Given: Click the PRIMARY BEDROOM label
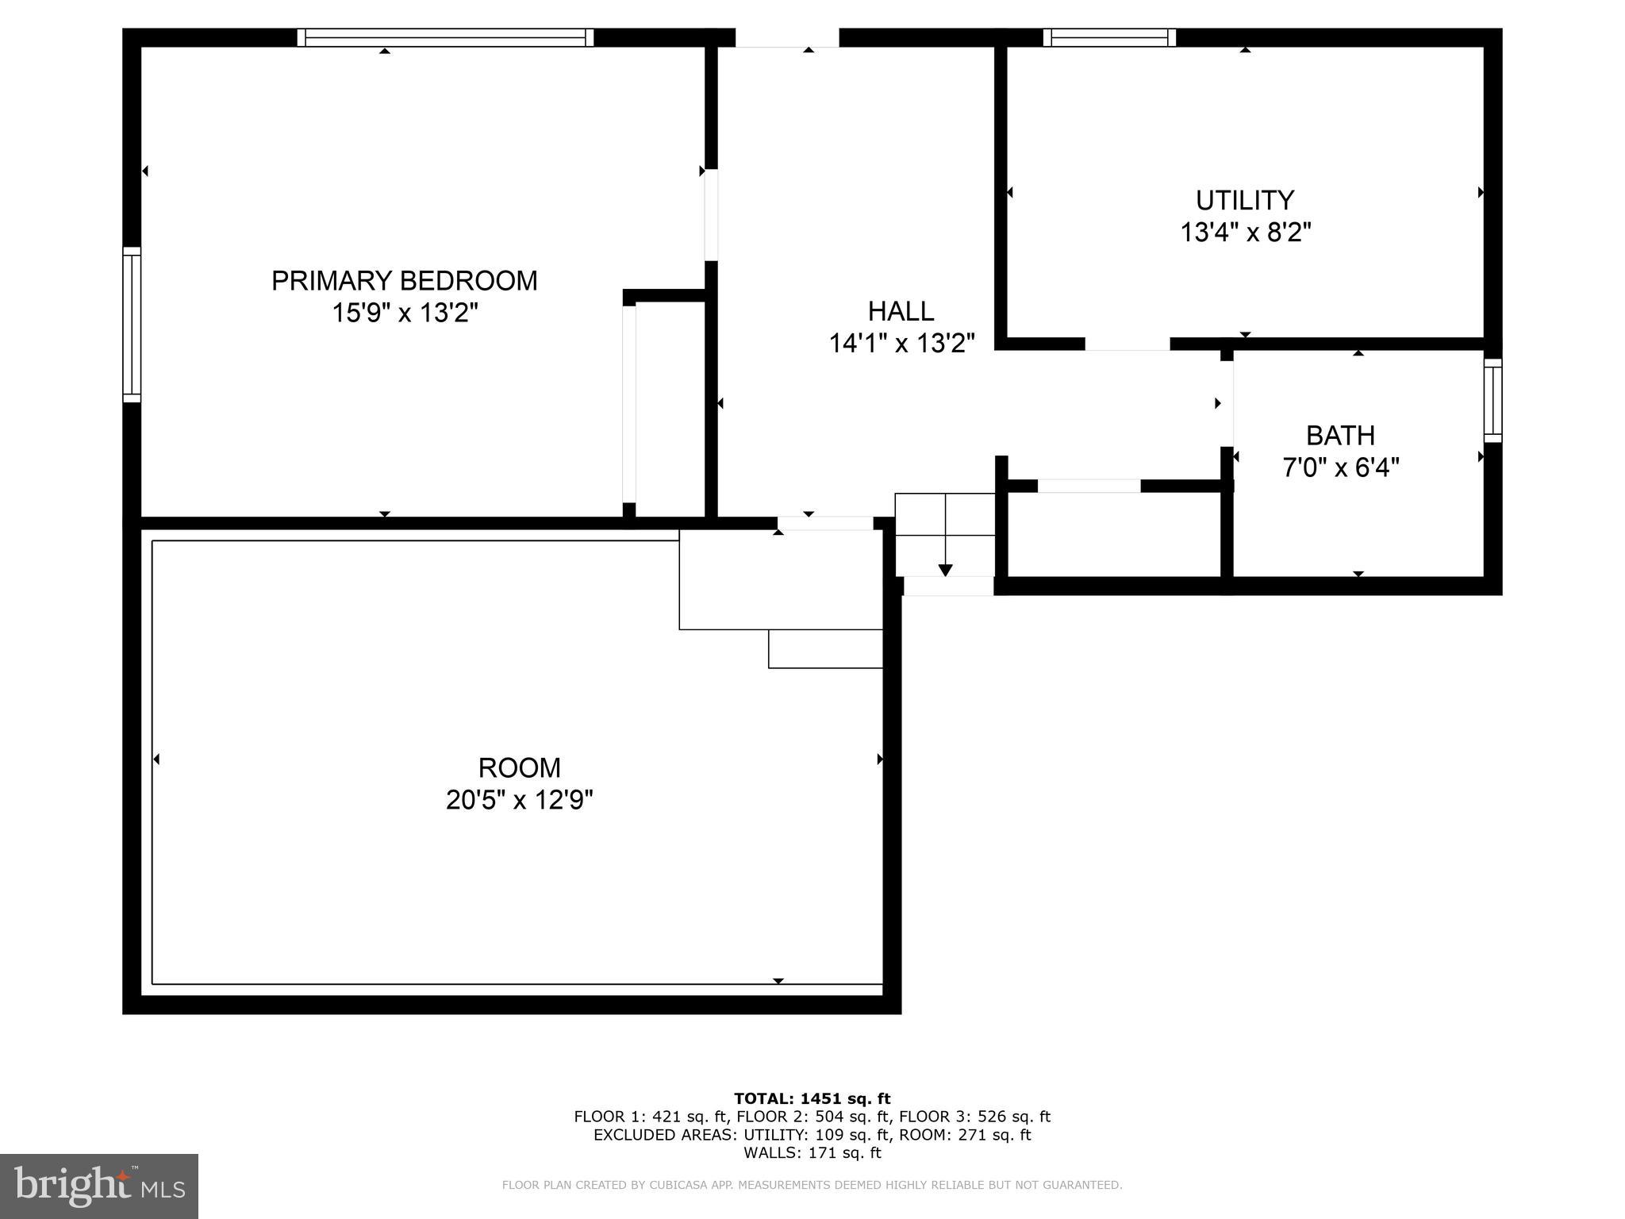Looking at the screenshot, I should pyautogui.click(x=404, y=281).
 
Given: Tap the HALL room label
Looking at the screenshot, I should pyautogui.click(x=901, y=310).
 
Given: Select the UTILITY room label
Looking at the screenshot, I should pyautogui.click(x=1245, y=200).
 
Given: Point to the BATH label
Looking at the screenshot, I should pyautogui.click(x=1340, y=436).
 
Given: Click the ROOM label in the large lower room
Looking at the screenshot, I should pyautogui.click(x=519, y=767).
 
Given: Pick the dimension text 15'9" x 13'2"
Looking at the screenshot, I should pyautogui.click(x=405, y=313).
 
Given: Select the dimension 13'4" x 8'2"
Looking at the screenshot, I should pyautogui.click(x=1245, y=233).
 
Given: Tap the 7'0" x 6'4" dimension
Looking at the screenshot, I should pyautogui.click(x=1340, y=467).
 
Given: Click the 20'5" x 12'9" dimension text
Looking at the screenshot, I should pyautogui.click(x=519, y=800).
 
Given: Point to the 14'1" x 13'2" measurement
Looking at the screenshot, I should pyautogui.click(x=901, y=343).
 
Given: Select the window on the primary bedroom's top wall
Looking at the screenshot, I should pyautogui.click(x=445, y=37).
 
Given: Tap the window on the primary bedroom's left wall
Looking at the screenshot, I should pyautogui.click(x=132, y=325).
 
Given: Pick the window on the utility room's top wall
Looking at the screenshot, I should pyautogui.click(x=1109, y=37).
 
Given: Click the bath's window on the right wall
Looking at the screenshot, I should pyautogui.click(x=1492, y=400).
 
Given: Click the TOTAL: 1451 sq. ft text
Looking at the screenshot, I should pyautogui.click(x=812, y=1099).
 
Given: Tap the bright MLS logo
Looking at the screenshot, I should pyautogui.click(x=99, y=1186).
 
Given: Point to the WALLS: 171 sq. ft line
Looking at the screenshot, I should pyautogui.click(x=812, y=1152).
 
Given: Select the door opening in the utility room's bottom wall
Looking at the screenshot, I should pyautogui.click(x=1127, y=344).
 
